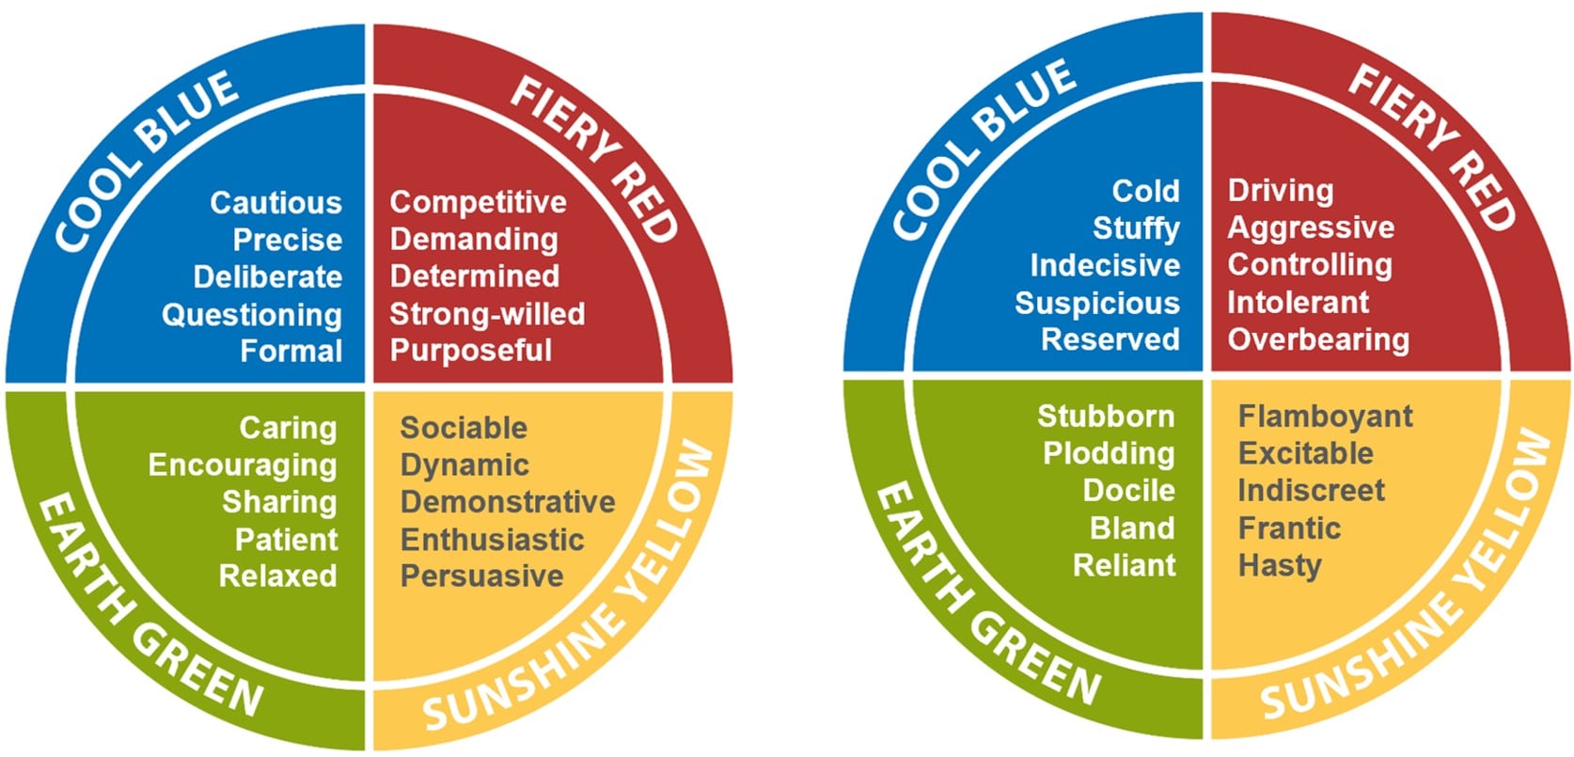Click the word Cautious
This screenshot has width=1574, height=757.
275,202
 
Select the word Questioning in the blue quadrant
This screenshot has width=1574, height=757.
252,314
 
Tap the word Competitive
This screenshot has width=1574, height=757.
478,202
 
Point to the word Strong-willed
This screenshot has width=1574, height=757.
487,313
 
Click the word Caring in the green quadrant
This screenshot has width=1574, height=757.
288,428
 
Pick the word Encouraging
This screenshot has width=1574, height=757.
243,465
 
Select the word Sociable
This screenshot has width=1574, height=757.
464,428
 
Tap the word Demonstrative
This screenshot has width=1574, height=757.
508,501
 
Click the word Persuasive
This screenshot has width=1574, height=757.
481,576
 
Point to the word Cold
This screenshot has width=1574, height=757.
1145,191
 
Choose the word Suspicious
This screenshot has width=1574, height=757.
1096,303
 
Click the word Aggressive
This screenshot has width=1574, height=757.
1311,228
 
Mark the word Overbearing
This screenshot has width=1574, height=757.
1318,339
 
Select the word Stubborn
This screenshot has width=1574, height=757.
1106,416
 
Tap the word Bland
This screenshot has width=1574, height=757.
1132,528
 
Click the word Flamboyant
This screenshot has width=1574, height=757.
1325,416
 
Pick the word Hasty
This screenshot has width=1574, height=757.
1280,565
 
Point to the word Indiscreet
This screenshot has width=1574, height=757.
1311,490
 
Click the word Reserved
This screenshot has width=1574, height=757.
1110,339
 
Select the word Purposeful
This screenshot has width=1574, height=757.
470,351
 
